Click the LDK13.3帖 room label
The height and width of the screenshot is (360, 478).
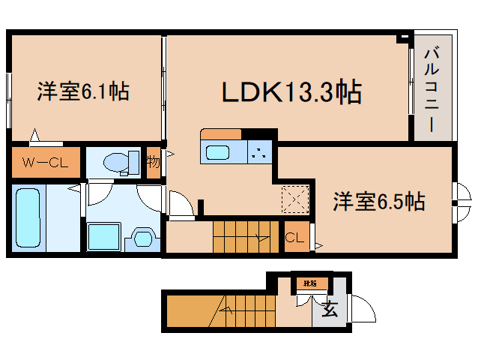291,92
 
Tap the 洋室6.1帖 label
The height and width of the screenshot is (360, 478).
83,91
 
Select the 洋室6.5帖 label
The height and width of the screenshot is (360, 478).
379,201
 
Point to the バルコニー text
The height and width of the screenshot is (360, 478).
432,90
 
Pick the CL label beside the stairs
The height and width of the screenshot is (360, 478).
294,238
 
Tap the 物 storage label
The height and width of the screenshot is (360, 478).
153,162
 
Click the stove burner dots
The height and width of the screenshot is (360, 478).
259,153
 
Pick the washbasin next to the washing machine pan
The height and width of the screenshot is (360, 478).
141,237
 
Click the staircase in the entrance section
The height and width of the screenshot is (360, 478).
247,307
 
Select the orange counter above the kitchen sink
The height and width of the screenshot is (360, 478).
220,134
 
